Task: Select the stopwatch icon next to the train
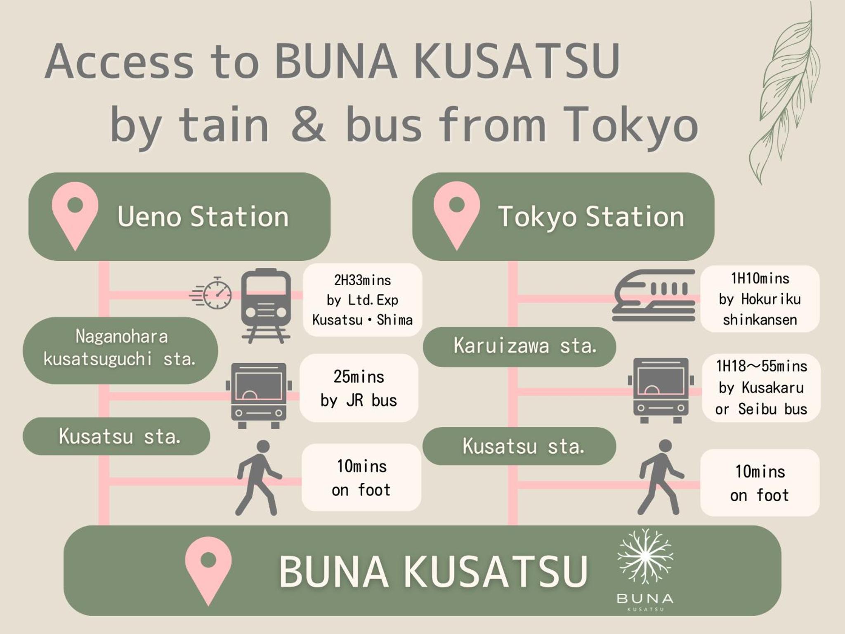click(212, 293)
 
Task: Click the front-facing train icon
click(266, 306)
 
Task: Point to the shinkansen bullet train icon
click(654, 296)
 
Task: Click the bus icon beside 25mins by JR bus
click(259, 395)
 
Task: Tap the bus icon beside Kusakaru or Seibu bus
click(661, 390)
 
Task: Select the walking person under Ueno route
click(258, 478)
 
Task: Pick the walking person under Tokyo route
click(661, 477)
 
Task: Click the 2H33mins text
click(362, 281)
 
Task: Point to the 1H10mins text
click(760, 279)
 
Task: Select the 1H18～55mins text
click(761, 366)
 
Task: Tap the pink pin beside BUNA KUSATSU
click(208, 570)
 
